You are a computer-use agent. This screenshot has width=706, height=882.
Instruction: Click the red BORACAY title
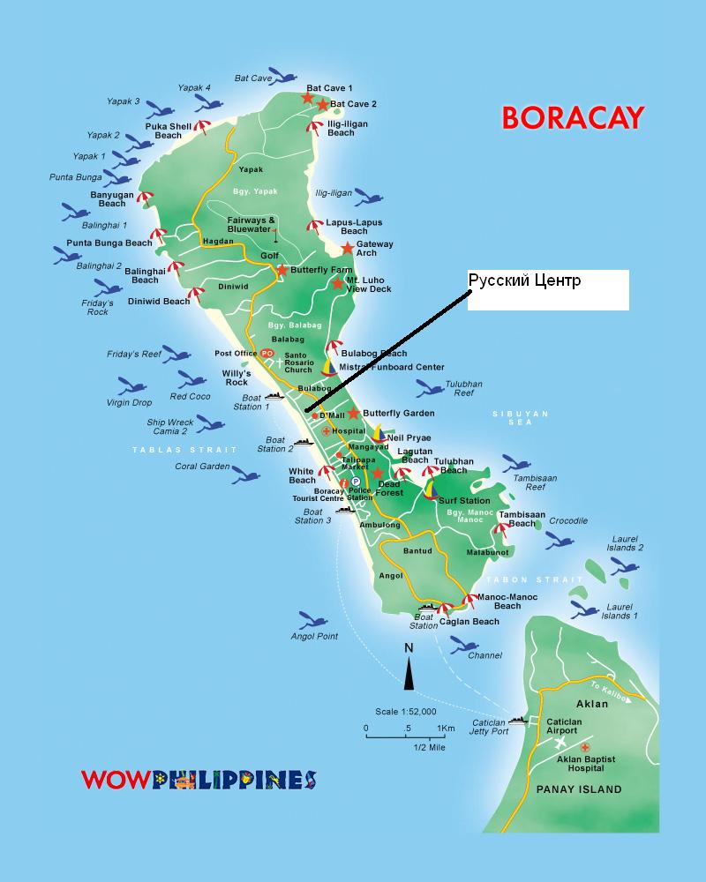573,116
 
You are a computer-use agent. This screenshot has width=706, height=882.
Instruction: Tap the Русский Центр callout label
525,281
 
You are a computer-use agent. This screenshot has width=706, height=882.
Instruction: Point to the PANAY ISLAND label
579,789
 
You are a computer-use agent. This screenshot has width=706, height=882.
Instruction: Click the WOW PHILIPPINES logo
199,780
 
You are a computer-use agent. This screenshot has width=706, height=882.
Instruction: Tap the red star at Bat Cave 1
307,97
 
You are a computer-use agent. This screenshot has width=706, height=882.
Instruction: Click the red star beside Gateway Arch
348,249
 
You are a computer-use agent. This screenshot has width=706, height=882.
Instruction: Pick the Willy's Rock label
237,377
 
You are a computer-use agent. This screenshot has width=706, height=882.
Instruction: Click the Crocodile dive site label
568,520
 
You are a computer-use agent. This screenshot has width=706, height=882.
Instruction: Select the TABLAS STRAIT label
168,450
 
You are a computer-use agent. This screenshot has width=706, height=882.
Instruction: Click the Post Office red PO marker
268,353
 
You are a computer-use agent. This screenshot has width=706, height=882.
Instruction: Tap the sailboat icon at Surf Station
430,488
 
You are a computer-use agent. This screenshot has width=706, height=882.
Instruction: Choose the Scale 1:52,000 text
406,711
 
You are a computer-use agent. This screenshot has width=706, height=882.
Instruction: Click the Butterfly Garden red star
354,413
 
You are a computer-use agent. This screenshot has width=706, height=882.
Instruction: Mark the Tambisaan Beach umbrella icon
502,529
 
